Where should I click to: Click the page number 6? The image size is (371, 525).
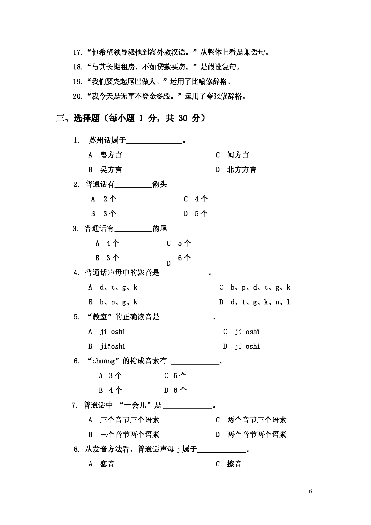tap(311, 491)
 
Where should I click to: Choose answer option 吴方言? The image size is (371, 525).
tap(111, 170)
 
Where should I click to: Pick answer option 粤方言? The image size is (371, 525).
tap(111, 155)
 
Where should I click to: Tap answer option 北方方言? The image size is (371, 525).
tap(242, 170)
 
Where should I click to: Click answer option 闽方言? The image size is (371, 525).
tap(238, 155)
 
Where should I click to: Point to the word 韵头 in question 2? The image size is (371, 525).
tap(159, 184)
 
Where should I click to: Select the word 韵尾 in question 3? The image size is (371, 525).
tap(159, 229)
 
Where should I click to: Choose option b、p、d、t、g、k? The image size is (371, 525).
tap(260, 288)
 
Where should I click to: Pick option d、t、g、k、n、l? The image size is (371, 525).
tap(260, 302)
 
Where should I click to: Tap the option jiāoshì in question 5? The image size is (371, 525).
tap(112, 347)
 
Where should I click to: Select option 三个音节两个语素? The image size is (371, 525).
tap(129, 435)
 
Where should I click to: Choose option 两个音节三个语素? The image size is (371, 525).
tap(257, 420)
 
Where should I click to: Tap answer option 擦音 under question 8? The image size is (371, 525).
tap(234, 464)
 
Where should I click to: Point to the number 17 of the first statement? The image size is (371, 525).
tap(77, 53)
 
